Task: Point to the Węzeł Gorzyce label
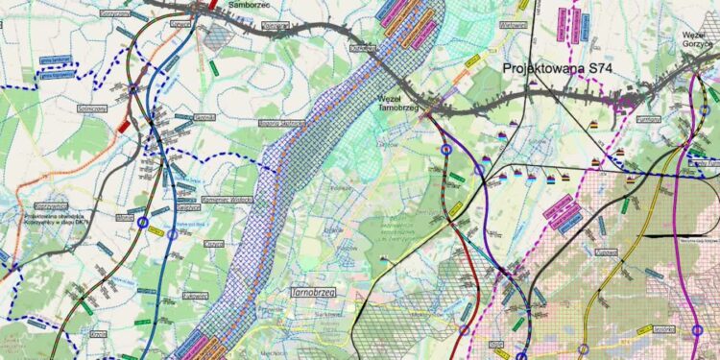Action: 700,38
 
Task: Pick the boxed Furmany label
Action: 648,118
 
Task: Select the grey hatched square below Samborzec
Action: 220,36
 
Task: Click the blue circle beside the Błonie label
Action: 143,223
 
